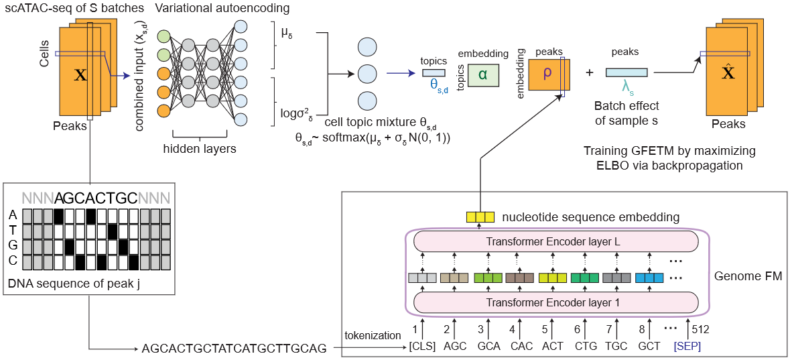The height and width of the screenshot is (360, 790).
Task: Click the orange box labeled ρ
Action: tap(547, 74)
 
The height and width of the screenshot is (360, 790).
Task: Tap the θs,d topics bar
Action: tap(434, 72)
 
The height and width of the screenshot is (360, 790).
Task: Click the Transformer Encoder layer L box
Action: tap(553, 242)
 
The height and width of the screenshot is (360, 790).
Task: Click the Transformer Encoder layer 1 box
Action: tap(553, 302)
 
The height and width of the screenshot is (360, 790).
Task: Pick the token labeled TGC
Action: tap(617, 347)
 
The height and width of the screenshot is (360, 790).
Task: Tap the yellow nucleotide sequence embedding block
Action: tap(480, 217)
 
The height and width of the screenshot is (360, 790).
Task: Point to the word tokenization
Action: tap(372, 335)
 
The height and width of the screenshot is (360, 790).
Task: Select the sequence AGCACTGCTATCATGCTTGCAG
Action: tap(235, 348)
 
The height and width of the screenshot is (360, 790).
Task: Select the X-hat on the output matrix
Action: tap(728, 72)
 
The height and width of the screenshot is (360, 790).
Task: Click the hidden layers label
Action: tap(200, 149)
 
